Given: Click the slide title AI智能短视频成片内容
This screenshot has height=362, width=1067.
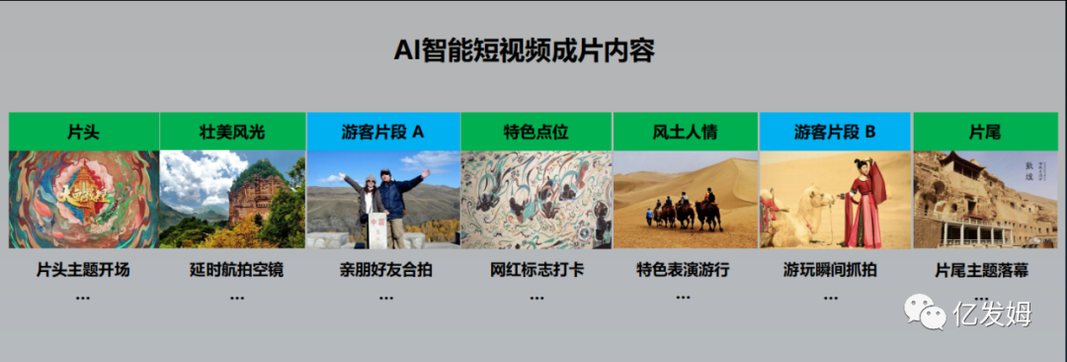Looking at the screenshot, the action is pyautogui.click(x=524, y=51).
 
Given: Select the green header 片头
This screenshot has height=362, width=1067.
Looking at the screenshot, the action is pyautogui.click(x=84, y=132).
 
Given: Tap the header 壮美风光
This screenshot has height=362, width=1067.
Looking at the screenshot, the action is pyautogui.click(x=233, y=132).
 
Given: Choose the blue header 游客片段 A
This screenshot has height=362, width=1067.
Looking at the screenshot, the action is pyautogui.click(x=383, y=132).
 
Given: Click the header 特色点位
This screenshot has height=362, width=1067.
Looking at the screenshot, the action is pyautogui.click(x=536, y=132).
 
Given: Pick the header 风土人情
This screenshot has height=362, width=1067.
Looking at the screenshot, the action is pyautogui.click(x=686, y=132).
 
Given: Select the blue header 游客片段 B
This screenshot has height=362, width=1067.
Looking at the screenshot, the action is pyautogui.click(x=835, y=132).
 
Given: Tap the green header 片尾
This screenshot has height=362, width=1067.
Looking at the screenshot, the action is pyautogui.click(x=985, y=132).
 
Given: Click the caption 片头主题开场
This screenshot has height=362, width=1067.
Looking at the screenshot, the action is pyautogui.click(x=83, y=270).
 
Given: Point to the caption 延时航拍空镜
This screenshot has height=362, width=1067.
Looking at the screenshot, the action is pyautogui.click(x=236, y=270).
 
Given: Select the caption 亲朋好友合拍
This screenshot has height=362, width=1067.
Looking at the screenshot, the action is pyautogui.click(x=386, y=270).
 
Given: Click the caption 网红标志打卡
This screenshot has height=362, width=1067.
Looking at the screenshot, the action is pyautogui.click(x=536, y=270).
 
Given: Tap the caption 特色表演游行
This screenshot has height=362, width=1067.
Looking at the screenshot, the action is pyautogui.click(x=684, y=270).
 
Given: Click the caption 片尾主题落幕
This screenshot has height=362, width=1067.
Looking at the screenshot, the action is pyautogui.click(x=981, y=271).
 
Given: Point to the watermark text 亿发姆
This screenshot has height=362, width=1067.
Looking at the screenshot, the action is pyautogui.click(x=992, y=314).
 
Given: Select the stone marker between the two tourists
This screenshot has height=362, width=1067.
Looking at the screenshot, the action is pyautogui.click(x=377, y=229).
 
